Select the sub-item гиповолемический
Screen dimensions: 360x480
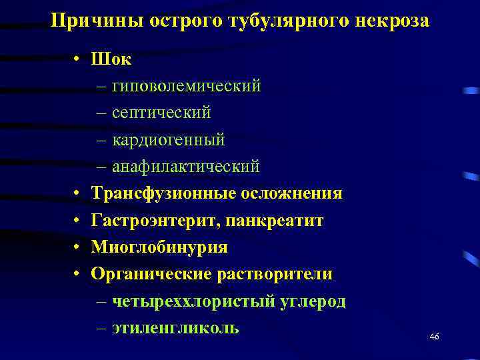point(186,86)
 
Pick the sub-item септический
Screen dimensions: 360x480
point(161,113)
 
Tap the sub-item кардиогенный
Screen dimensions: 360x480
point(168,140)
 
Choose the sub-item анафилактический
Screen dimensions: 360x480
point(185,167)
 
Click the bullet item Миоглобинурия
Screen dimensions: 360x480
point(159,247)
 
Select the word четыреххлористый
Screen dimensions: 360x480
point(193,301)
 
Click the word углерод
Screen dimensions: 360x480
point(313,301)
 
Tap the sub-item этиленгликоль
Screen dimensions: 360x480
point(175,328)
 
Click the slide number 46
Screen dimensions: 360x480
point(434,337)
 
